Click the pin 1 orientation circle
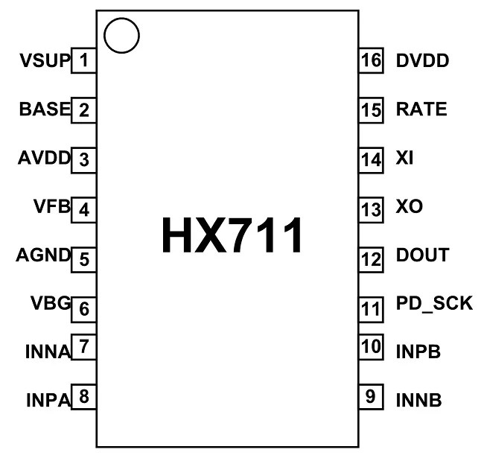[121, 36]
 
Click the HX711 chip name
[232, 235]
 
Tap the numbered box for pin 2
[83, 111]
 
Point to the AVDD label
[44, 158]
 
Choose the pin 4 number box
[83, 209]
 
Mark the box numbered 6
[83, 308]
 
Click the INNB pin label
[419, 400]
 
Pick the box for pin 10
[370, 347]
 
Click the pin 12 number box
[370, 258]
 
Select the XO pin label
[410, 206]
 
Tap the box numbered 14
[370, 159]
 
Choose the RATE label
[422, 109]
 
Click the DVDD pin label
[423, 60]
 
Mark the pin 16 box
[370, 60]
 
